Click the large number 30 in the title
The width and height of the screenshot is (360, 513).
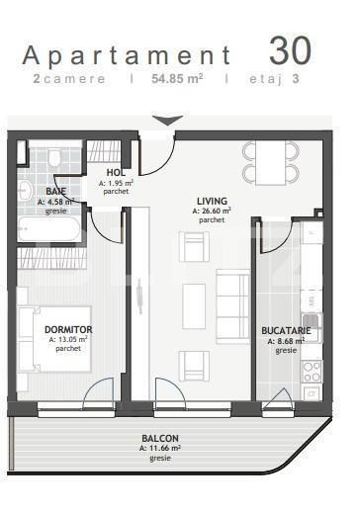(x=290, y=50)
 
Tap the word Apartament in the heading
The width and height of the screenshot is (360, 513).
(x=128, y=55)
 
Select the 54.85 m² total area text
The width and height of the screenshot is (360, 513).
(x=177, y=79)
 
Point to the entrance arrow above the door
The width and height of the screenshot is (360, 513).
(x=168, y=121)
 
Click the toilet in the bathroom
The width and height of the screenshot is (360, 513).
(x=53, y=156)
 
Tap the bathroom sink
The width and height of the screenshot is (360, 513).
(x=25, y=190)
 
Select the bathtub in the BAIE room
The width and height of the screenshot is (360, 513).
(x=48, y=229)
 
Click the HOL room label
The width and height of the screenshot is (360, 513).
(x=116, y=172)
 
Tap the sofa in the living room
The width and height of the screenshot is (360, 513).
(x=233, y=306)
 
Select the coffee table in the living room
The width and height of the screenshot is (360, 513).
(x=194, y=306)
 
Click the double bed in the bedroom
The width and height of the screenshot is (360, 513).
(x=54, y=339)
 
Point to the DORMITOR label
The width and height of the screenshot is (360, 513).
(x=68, y=329)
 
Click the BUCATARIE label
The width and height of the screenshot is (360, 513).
(x=286, y=330)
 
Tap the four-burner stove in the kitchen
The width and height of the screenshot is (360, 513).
(x=312, y=372)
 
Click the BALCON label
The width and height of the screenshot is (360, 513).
(x=160, y=438)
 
